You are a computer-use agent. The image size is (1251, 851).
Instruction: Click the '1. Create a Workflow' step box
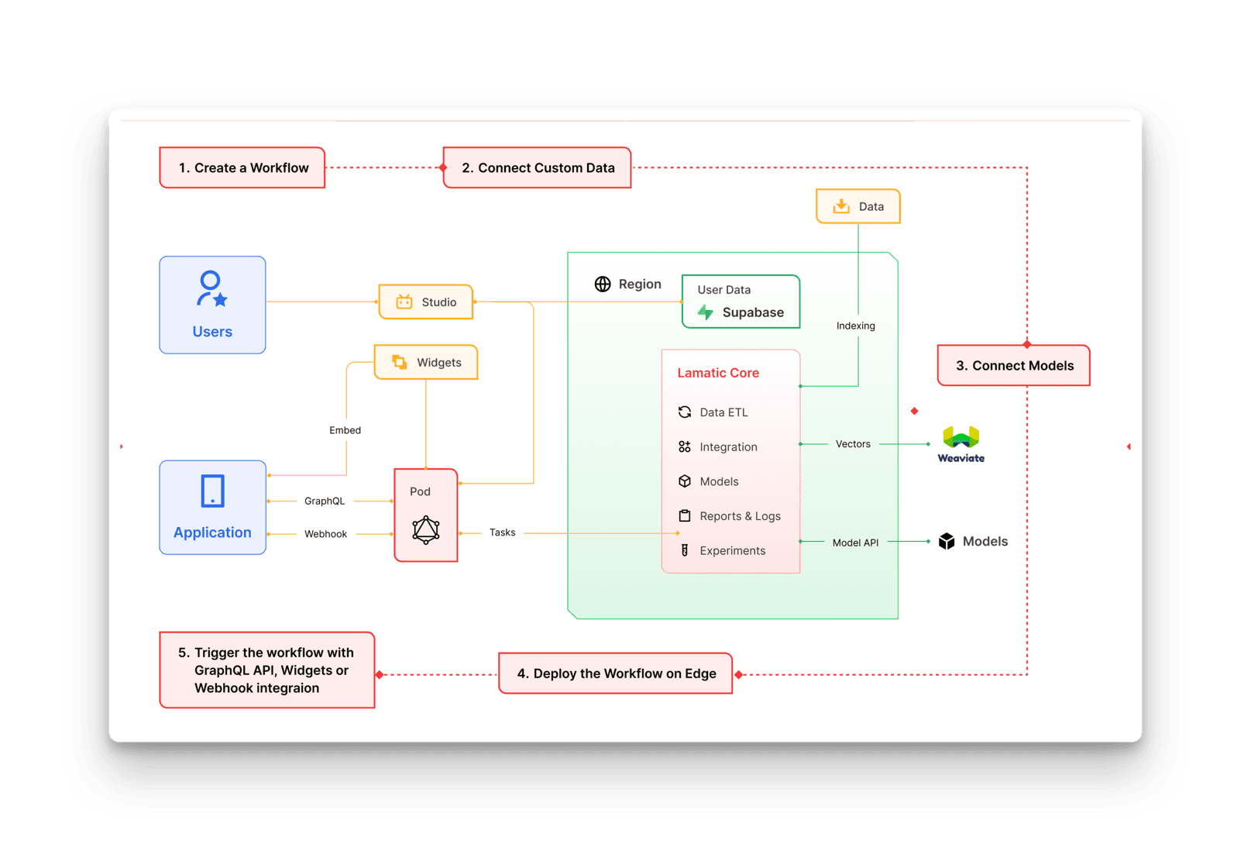point(242,167)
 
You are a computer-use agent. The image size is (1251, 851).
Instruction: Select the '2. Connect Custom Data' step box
point(538,167)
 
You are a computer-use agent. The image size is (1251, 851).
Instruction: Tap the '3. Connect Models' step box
point(1014,366)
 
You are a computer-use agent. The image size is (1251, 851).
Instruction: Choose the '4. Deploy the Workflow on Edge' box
point(616,674)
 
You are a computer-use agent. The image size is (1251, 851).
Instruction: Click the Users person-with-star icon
point(211,288)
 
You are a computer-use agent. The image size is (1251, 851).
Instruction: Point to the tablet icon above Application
point(212,491)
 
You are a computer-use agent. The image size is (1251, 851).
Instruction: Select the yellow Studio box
point(426,302)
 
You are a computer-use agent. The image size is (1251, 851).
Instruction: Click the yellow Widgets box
point(426,362)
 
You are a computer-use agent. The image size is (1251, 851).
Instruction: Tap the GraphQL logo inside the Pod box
point(426,530)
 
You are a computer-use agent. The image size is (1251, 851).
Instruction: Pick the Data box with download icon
point(858,207)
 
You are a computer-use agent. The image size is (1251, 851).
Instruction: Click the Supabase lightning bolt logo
point(706,312)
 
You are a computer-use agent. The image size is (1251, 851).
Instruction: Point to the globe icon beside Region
point(603,284)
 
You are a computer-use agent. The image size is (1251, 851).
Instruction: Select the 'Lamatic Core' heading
point(718,373)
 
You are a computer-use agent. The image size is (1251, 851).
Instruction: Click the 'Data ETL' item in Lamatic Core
point(723,412)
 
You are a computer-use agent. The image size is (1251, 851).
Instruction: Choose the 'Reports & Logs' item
point(739,516)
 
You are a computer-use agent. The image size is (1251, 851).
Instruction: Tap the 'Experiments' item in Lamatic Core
point(731,551)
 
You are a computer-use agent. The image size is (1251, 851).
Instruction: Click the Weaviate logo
point(961,443)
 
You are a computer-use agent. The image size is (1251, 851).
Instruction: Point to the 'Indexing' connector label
point(856,326)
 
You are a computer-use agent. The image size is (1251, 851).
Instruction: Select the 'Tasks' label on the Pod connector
point(502,532)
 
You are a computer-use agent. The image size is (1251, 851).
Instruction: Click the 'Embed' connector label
point(345,430)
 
